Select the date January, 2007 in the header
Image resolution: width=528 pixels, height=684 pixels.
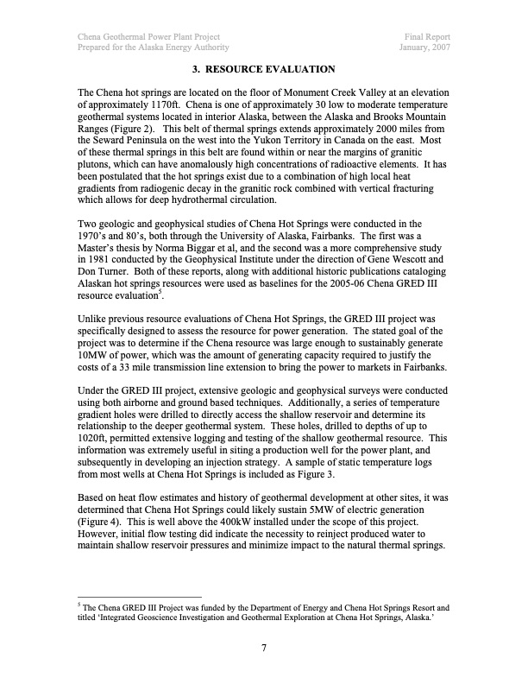[x=423, y=48]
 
